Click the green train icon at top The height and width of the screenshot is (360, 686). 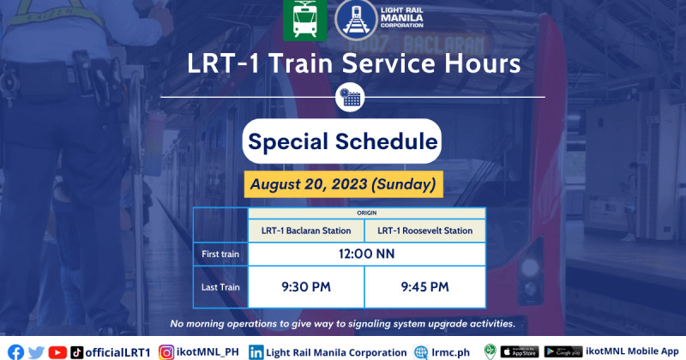tap(304, 20)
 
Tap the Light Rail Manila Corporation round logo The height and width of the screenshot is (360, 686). tap(356, 20)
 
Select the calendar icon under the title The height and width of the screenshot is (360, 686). tap(350, 98)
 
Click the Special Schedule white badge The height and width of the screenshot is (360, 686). tap(341, 141)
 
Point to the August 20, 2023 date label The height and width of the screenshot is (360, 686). tap(344, 184)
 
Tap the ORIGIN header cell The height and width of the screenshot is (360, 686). tap(367, 213)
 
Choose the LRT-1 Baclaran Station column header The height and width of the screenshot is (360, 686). tap(306, 231)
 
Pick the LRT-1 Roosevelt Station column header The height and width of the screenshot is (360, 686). tap(424, 231)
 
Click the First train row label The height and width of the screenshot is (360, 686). tap(220, 255)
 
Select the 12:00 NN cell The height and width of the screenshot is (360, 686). tap(367, 255)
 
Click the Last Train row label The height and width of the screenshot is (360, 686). tap(220, 287)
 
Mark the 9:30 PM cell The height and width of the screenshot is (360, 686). tap(306, 287)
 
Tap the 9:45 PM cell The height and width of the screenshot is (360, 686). tap(424, 287)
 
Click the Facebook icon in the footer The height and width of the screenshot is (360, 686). tap(15, 352)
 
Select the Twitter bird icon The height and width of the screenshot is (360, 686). tap(36, 352)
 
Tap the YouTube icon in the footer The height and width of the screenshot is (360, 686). tap(57, 352)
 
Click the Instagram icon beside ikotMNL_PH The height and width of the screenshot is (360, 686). tap(166, 352)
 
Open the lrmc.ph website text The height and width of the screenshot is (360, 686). tap(451, 352)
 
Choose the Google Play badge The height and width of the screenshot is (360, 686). tap(563, 351)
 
